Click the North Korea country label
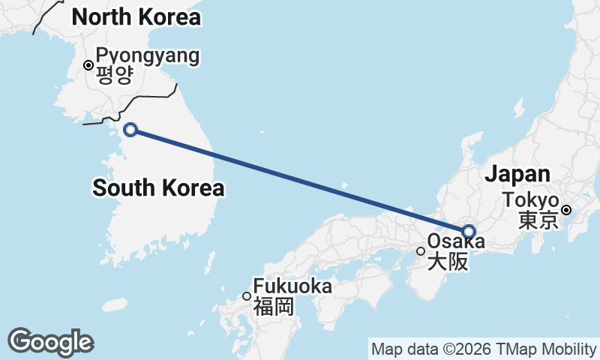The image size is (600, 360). click(x=136, y=16)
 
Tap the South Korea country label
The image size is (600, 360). click(x=158, y=187)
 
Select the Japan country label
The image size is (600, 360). click(x=517, y=174)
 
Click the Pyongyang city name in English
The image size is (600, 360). click(x=148, y=55)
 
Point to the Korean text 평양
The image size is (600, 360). click(x=114, y=74)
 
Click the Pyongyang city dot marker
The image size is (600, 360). click(x=88, y=65)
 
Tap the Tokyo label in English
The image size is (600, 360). click(x=531, y=201)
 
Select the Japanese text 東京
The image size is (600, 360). click(x=537, y=220)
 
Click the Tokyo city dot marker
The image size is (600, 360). click(x=567, y=210)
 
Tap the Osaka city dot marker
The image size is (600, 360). click(x=421, y=251)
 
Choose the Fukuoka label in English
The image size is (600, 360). click(x=292, y=286)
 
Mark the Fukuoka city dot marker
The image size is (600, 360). click(x=246, y=296)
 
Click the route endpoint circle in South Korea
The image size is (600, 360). click(x=130, y=130)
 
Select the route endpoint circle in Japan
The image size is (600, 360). click(x=469, y=231)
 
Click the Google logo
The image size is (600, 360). click(x=50, y=342)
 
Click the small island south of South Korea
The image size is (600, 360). click(x=114, y=304)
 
